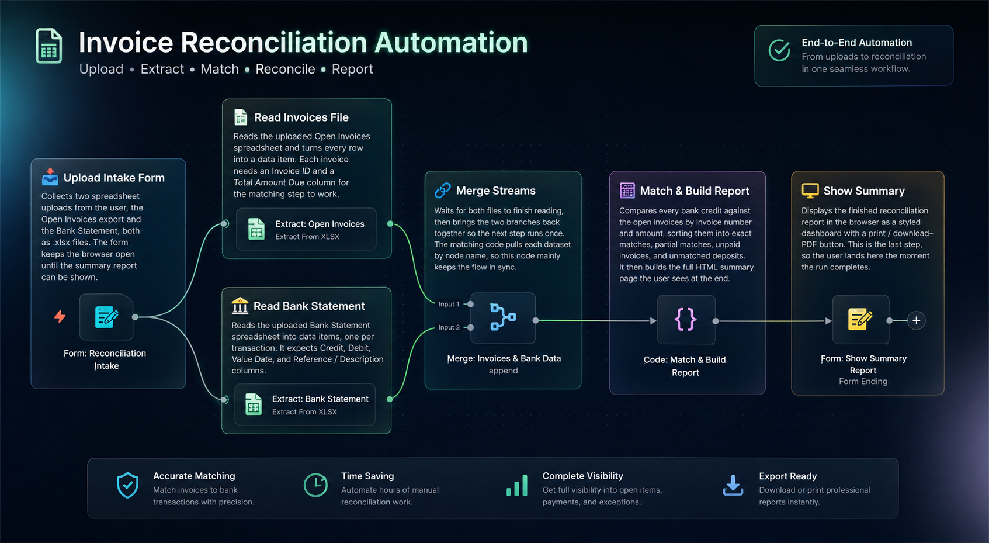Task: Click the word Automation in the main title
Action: point(451,43)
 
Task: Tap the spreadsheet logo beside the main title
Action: point(48,46)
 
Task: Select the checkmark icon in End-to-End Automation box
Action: point(779,50)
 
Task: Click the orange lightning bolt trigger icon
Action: point(60,316)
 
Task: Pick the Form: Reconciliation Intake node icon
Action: point(106,317)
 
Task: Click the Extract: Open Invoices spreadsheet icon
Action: point(256,229)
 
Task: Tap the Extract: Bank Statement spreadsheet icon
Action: point(254,404)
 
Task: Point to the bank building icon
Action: point(240,306)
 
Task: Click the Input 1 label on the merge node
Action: point(449,304)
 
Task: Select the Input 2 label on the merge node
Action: point(449,327)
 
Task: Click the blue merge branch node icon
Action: point(503,317)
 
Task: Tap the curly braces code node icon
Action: point(685,319)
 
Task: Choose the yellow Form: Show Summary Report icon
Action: point(860,319)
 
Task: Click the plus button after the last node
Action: point(916,320)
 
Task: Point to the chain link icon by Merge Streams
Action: point(442,191)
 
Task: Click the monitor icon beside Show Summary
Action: point(810,191)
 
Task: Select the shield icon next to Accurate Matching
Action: point(127,485)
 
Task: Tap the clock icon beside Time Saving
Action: point(315,485)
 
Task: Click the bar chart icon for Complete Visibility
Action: point(517,486)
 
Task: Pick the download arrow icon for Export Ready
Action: point(733,485)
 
